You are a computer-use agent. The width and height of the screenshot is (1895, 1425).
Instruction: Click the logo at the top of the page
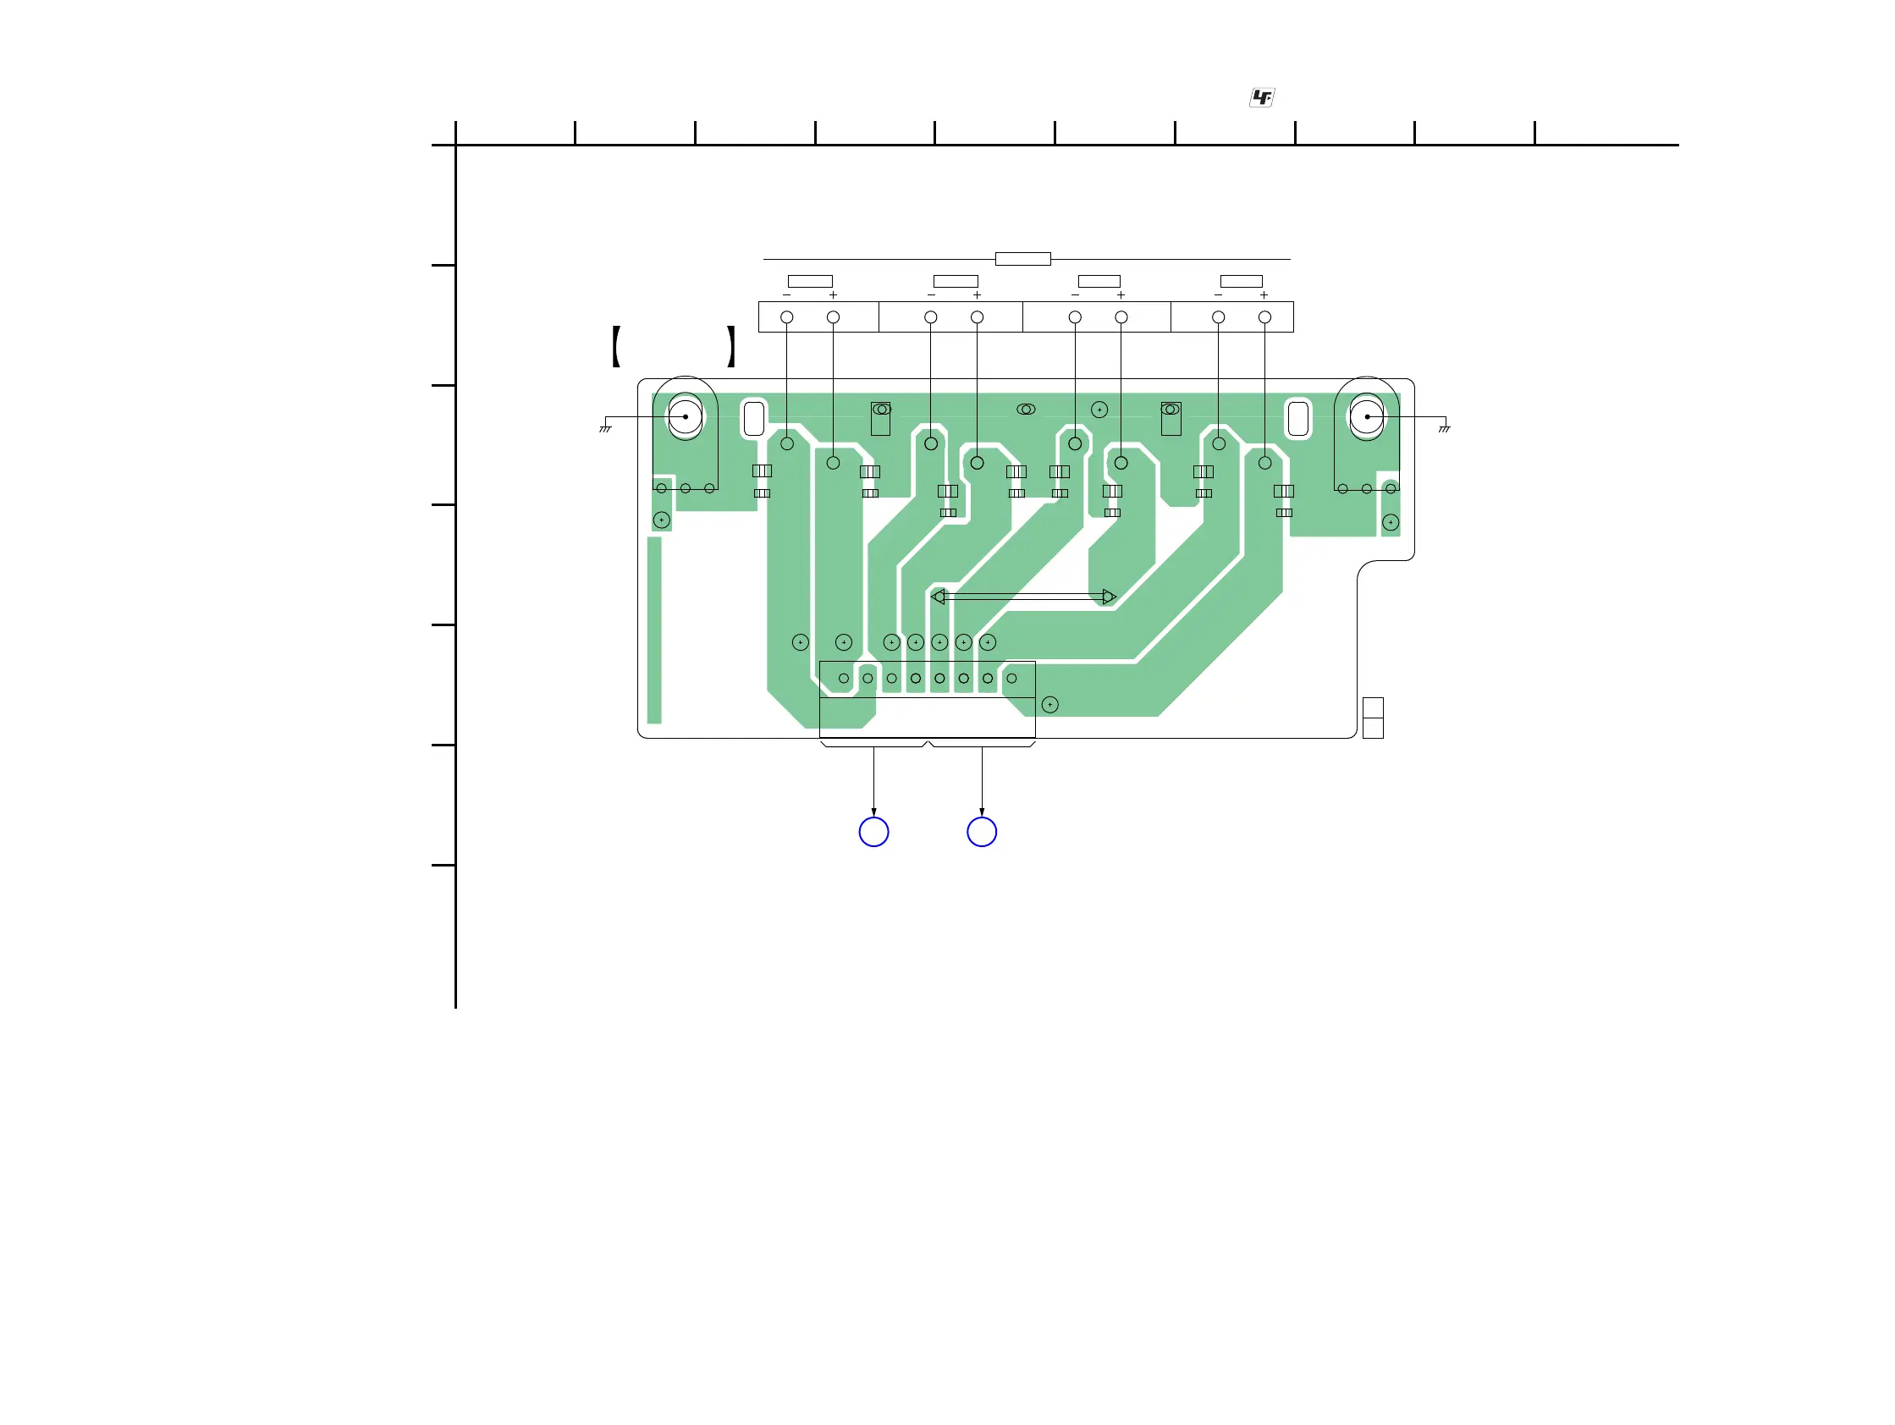click(x=1261, y=97)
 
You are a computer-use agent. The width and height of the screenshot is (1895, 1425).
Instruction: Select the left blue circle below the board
click(x=873, y=832)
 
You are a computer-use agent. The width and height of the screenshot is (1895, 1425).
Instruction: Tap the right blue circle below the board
click(x=982, y=832)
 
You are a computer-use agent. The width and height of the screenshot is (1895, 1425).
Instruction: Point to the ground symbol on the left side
click(x=605, y=427)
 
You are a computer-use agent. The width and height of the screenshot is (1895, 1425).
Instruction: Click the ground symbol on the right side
click(x=1445, y=427)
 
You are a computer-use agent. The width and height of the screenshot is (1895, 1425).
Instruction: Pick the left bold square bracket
click(x=616, y=347)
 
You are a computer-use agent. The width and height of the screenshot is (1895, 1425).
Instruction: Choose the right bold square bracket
click(x=730, y=347)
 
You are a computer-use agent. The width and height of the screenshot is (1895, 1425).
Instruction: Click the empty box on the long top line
click(x=1023, y=259)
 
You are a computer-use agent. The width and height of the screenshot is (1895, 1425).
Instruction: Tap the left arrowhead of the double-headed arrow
click(x=938, y=596)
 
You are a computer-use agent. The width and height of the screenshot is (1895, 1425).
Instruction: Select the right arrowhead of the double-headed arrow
click(x=1110, y=596)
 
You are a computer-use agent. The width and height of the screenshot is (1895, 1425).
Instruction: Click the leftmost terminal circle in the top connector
click(x=787, y=316)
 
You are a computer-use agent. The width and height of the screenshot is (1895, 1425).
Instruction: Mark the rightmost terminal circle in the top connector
click(x=1264, y=316)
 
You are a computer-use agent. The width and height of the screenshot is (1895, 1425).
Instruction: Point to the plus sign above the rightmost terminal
click(x=1264, y=295)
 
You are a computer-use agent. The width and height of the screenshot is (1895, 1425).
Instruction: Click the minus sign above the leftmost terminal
click(x=786, y=295)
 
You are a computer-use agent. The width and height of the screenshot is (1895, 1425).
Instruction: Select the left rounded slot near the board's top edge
click(x=754, y=419)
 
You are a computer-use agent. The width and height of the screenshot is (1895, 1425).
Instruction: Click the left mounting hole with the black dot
click(x=686, y=417)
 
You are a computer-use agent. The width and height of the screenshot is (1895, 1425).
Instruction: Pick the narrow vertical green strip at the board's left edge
click(x=654, y=630)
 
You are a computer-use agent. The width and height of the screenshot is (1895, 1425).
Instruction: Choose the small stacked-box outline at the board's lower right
click(x=1373, y=718)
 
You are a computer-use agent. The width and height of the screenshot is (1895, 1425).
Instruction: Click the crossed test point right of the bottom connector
click(x=1050, y=705)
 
